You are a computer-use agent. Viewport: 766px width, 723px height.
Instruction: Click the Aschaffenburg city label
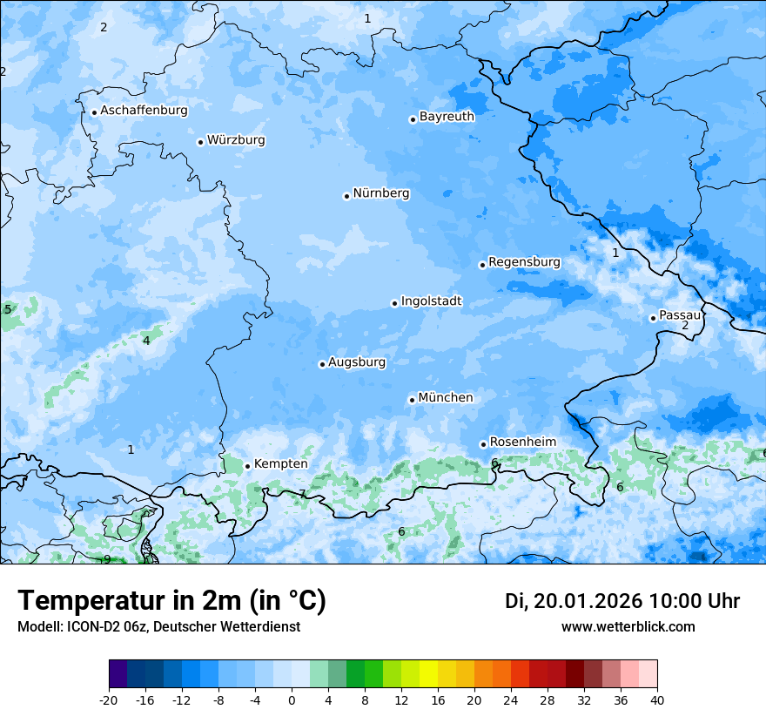pyautogui.click(x=144, y=111)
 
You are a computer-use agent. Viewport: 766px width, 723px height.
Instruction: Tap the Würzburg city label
pyautogui.click(x=236, y=140)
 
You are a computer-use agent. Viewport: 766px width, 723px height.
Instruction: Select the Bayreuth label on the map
pyautogui.click(x=447, y=117)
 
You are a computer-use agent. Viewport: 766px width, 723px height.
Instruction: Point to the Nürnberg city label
pyautogui.click(x=381, y=193)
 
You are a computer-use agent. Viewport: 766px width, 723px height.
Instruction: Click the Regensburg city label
pyautogui.click(x=524, y=262)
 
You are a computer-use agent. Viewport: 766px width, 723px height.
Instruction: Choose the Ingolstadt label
pyautogui.click(x=431, y=301)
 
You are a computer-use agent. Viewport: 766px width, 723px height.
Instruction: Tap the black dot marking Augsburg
pyautogui.click(x=322, y=364)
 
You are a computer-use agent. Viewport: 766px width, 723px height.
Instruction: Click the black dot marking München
pyautogui.click(x=412, y=400)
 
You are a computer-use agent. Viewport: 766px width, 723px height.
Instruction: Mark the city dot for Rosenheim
pyautogui.click(x=483, y=444)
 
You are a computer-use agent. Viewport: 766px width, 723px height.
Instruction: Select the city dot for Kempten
pyautogui.click(x=247, y=466)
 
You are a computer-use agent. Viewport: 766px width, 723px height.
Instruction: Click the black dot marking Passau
pyautogui.click(x=653, y=318)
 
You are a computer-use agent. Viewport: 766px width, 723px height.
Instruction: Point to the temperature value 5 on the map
pyautogui.click(x=8, y=309)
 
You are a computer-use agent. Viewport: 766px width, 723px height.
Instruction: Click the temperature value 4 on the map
pyautogui.click(x=146, y=341)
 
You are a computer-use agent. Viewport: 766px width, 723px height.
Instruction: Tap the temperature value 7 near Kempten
pyautogui.click(x=302, y=494)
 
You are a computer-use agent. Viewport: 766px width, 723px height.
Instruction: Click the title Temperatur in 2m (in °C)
pyautogui.click(x=171, y=601)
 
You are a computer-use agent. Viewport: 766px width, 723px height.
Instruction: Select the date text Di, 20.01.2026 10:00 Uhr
pyautogui.click(x=622, y=601)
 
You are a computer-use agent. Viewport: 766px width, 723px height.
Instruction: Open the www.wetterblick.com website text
pyautogui.click(x=628, y=627)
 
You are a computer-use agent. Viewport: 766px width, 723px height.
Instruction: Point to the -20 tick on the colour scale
pyautogui.click(x=109, y=699)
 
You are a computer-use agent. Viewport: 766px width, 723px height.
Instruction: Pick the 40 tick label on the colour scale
pyautogui.click(x=656, y=699)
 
